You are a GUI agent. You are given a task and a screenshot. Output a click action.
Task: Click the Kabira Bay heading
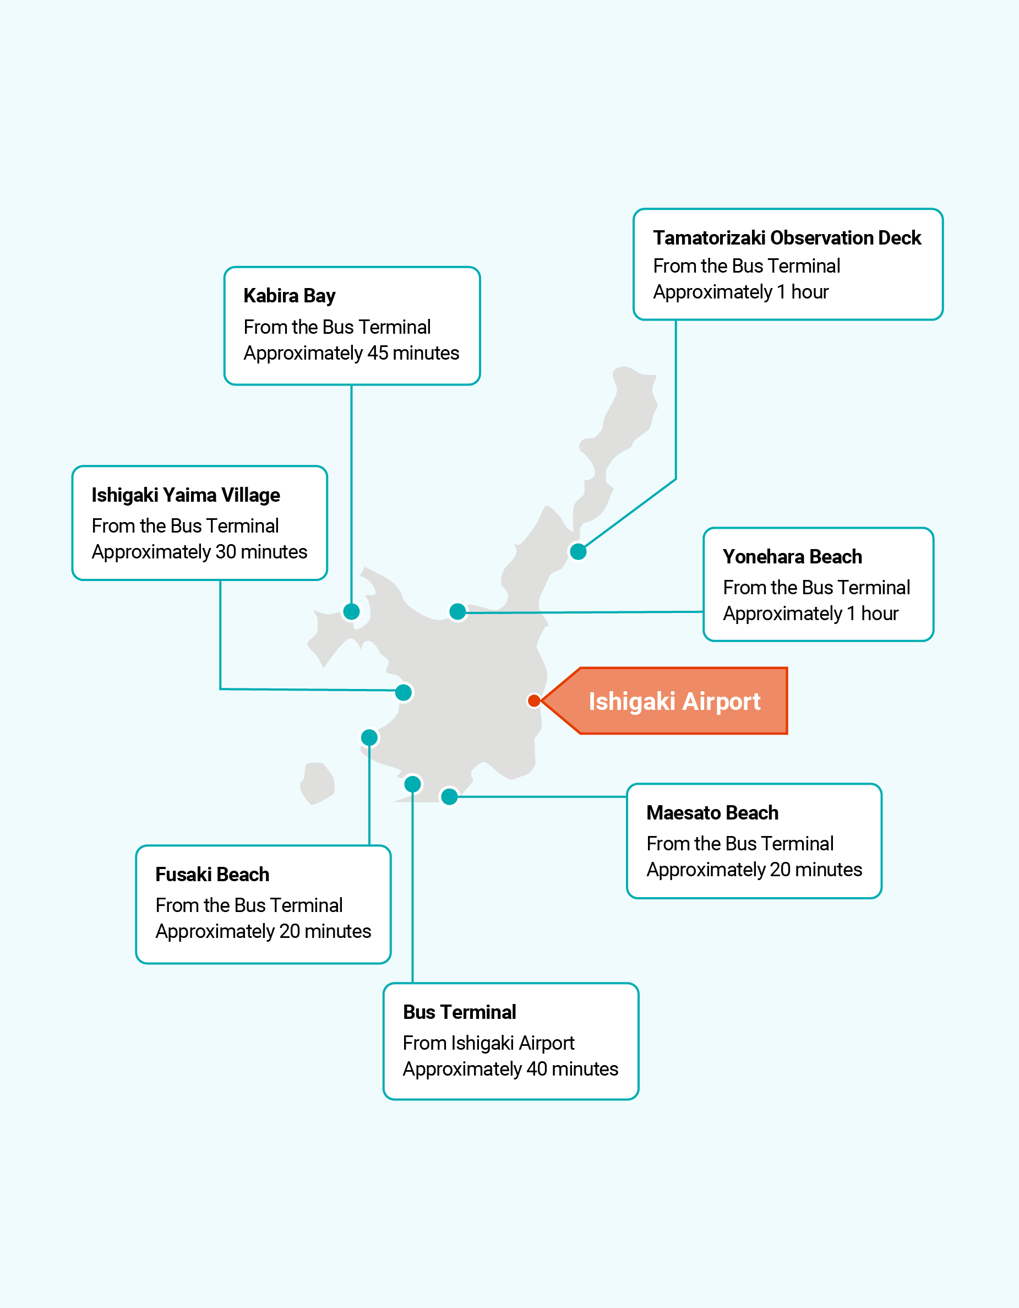click(x=289, y=296)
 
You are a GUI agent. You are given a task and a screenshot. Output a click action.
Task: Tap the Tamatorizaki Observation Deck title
click(x=786, y=238)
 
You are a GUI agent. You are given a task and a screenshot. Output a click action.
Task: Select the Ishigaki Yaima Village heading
click(x=186, y=495)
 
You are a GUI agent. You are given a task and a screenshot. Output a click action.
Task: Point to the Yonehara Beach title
click(x=792, y=557)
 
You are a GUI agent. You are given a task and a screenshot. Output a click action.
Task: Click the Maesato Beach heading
click(x=712, y=813)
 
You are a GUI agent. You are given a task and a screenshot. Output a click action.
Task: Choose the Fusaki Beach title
click(x=212, y=875)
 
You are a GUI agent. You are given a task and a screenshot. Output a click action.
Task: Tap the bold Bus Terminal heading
click(x=459, y=1012)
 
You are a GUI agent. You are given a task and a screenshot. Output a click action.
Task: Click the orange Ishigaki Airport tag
click(x=674, y=701)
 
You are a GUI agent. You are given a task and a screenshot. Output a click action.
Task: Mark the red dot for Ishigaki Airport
click(x=534, y=701)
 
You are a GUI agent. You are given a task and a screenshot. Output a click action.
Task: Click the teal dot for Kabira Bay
click(x=351, y=611)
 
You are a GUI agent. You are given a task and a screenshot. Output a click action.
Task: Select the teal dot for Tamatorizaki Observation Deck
click(x=577, y=552)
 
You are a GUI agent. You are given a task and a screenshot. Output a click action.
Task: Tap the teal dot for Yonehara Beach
click(x=457, y=611)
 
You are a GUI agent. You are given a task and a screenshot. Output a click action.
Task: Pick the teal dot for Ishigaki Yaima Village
click(x=404, y=692)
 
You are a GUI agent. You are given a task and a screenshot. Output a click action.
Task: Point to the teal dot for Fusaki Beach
click(x=369, y=737)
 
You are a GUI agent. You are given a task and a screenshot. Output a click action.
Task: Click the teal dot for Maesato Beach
click(x=449, y=796)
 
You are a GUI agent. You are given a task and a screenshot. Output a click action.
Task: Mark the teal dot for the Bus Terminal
click(x=412, y=783)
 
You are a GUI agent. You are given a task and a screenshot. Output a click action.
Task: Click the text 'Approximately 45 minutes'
click(x=351, y=354)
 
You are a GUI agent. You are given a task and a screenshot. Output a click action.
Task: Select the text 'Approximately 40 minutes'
click(x=510, y=1069)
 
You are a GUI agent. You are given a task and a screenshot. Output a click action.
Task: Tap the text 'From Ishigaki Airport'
click(x=488, y=1043)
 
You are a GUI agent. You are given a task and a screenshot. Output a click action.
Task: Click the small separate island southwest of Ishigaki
click(x=317, y=782)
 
